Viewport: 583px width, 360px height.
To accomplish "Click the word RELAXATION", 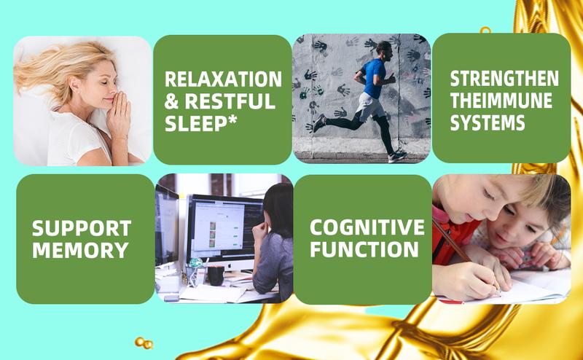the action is point(223,79).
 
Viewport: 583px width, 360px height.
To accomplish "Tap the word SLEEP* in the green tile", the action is point(201,123).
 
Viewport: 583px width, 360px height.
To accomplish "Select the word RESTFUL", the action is point(230,101).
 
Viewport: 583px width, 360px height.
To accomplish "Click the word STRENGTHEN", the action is point(504,79).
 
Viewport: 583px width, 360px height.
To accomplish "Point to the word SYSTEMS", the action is point(488,122).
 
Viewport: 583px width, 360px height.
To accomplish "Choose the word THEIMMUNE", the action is point(501,101).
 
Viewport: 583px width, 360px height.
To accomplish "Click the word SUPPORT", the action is point(82,228).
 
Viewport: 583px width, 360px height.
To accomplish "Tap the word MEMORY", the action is point(80,250).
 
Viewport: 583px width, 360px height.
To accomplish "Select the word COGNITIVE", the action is point(367,227).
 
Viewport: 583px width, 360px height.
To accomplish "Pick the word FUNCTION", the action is point(364,249).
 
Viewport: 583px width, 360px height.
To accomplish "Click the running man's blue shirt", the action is point(373,78).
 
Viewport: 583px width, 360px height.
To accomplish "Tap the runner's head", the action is point(384,51).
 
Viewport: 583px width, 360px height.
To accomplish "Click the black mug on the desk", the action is point(216,275).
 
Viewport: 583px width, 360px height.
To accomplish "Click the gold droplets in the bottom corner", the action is point(144,343).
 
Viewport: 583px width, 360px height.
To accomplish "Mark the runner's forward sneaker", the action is point(397,156).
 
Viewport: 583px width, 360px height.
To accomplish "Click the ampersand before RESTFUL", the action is point(171,101).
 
